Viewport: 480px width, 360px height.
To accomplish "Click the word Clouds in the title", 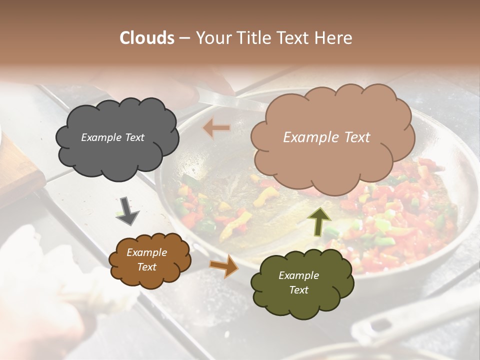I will tap(147, 38).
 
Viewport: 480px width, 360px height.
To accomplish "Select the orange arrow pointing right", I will tap(223, 265).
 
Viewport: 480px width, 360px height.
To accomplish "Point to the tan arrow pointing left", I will tap(216, 128).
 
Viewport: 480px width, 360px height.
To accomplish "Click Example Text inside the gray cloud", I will tap(112, 137).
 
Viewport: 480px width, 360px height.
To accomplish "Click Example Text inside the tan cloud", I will tap(326, 137).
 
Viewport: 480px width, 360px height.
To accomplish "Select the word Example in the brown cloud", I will tap(146, 252).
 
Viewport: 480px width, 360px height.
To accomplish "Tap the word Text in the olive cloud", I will tap(298, 290).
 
